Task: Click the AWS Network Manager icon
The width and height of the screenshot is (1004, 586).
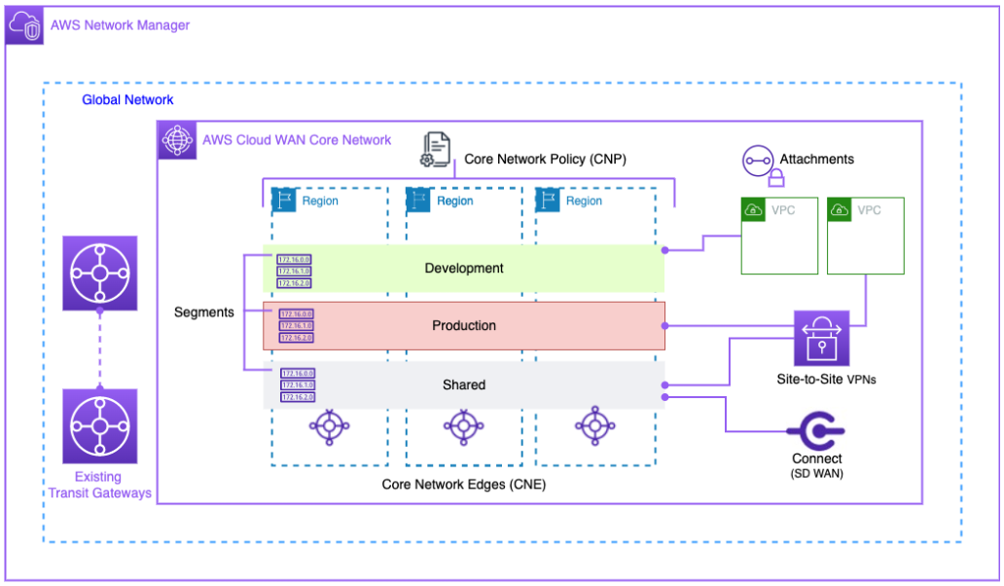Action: [23, 24]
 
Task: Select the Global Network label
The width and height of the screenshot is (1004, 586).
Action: [127, 100]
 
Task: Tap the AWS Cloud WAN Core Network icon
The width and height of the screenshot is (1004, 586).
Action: [176, 139]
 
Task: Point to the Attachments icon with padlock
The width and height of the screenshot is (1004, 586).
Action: [760, 164]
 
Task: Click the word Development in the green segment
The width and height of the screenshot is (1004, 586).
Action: [464, 268]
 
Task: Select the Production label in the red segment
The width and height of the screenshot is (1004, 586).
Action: [464, 325]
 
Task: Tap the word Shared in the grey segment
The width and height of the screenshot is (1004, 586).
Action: [464, 385]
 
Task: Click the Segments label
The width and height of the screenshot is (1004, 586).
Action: [203, 312]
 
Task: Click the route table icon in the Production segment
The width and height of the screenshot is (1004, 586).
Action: [296, 326]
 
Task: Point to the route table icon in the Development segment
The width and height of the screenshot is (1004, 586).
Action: [295, 271]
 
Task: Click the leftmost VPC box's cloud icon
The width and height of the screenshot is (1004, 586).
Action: [751, 209]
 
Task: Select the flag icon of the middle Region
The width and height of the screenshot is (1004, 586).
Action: [417, 201]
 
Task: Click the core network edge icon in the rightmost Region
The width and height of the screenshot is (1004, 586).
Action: [593, 425]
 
